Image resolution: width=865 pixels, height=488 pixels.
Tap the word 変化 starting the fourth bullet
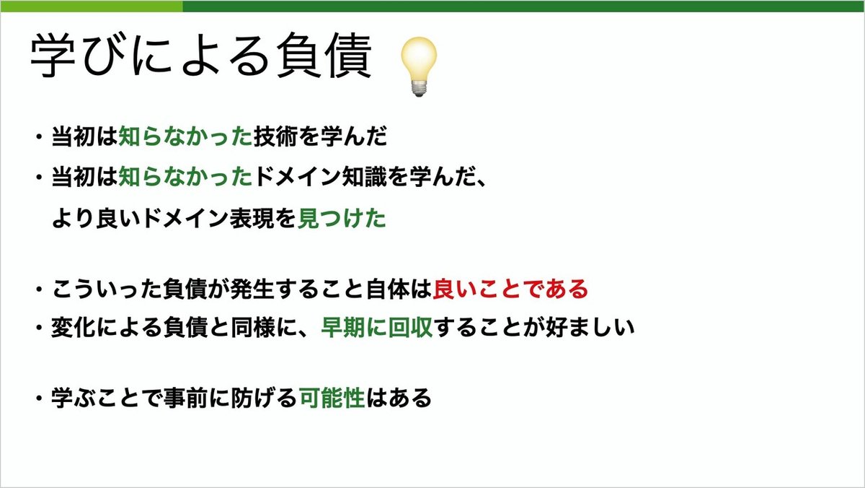click(x=69, y=328)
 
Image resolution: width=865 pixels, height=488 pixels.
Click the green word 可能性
click(x=331, y=398)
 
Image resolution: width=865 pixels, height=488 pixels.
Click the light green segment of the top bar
click(x=91, y=6)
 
